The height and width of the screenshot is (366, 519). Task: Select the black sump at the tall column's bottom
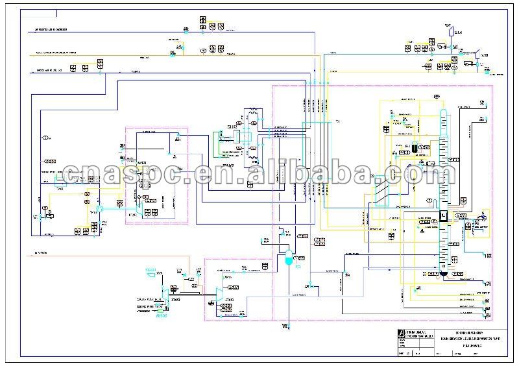pyautogui.click(x=443, y=274)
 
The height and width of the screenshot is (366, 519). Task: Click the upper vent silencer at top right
pyautogui.click(x=450, y=28)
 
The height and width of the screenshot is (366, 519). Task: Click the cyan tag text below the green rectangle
pyautogui.click(x=162, y=315)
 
